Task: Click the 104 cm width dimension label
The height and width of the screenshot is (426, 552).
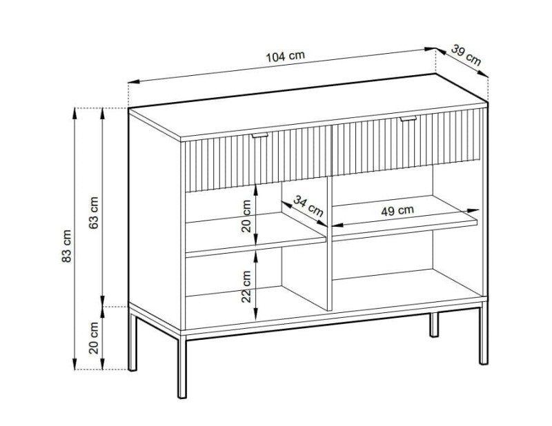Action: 285,56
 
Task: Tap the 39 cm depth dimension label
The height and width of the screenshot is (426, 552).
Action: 466,55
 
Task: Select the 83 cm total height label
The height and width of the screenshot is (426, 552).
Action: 66,246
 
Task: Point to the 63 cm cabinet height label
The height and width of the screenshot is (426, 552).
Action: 94,213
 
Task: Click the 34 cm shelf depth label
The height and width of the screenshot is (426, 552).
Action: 308,206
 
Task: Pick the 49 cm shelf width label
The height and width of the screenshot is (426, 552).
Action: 397,210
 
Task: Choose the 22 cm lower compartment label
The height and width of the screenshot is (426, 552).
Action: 246,286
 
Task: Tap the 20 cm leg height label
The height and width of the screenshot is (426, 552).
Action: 94,338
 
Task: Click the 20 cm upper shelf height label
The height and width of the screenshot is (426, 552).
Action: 246,216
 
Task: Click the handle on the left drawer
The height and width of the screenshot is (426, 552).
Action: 261,135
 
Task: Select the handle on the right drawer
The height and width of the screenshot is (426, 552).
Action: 408,119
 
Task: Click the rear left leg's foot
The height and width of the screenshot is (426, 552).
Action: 132,368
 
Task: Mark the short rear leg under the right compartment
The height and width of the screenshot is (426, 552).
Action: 434,324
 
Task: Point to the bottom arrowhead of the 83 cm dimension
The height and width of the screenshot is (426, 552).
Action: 75,363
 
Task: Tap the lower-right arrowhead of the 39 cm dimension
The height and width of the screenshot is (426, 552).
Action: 483,73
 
